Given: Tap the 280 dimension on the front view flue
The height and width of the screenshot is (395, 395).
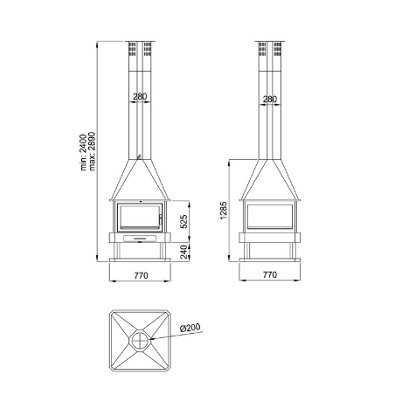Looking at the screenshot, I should [x=140, y=97].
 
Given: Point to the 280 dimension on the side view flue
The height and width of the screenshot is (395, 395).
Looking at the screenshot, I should [x=269, y=100].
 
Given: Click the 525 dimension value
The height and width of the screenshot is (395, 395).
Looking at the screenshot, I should [x=184, y=222].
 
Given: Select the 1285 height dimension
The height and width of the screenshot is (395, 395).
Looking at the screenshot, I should [x=225, y=211].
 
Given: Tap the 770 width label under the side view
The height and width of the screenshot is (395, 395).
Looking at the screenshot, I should [x=269, y=275].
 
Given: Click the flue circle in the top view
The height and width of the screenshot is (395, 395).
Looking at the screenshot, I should [x=141, y=340].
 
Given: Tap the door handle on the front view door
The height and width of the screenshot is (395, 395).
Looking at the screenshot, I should [x=160, y=217].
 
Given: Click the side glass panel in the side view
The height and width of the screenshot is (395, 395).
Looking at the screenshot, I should [x=269, y=217].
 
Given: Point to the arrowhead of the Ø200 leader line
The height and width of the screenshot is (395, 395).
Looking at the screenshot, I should [x=149, y=338].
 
